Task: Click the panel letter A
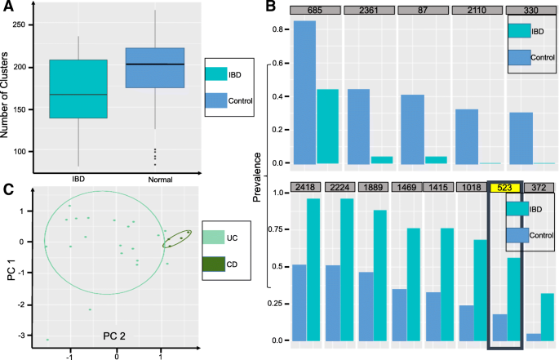10,7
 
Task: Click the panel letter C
9,191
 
